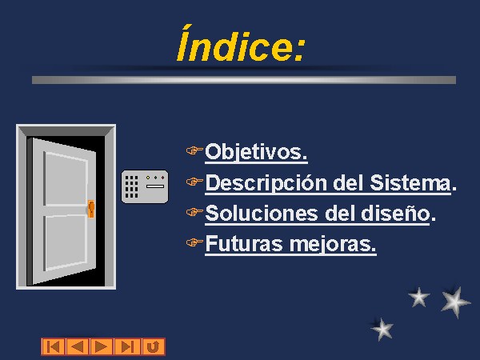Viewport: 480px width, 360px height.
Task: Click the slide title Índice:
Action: tap(242, 44)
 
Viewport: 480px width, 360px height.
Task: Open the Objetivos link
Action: tap(256, 152)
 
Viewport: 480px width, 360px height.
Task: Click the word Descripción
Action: tap(266, 183)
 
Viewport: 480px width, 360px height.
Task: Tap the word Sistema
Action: tap(410, 182)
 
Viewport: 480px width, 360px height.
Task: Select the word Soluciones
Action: tap(262, 213)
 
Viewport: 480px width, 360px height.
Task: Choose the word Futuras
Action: tap(244, 244)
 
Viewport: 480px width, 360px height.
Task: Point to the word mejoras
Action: tap(332, 245)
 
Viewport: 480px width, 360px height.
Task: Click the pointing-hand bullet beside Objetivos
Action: tap(194, 150)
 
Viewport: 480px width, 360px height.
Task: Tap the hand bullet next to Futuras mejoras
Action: tap(194, 242)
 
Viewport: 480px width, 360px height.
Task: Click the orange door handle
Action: tap(91, 209)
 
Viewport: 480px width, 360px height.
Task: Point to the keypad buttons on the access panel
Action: tap(132, 186)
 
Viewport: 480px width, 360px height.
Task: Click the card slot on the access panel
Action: tap(155, 186)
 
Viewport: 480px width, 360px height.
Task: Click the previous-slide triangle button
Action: tap(78, 347)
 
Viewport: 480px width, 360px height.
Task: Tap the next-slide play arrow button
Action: tap(102, 347)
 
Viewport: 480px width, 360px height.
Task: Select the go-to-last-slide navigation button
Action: tap(127, 347)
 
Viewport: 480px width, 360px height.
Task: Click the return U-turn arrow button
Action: tap(154, 347)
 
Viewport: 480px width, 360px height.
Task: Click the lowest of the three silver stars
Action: tap(382, 329)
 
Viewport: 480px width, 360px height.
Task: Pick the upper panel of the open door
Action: tap(66, 178)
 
